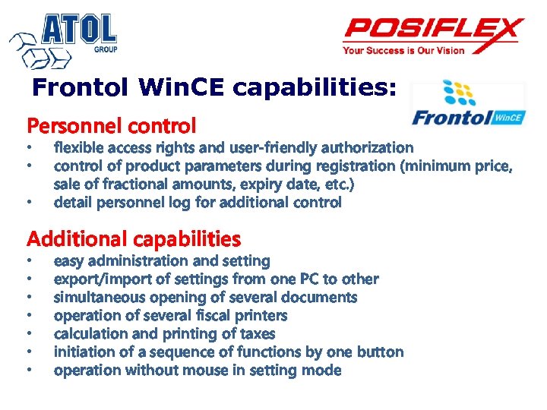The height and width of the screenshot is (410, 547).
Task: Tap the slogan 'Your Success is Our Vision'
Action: [403, 51]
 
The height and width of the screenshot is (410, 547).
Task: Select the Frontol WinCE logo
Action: [466, 105]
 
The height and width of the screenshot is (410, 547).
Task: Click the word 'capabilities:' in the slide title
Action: [315, 88]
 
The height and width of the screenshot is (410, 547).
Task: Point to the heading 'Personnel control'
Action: [112, 125]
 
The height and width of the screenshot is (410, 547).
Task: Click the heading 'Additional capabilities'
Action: [134, 239]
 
